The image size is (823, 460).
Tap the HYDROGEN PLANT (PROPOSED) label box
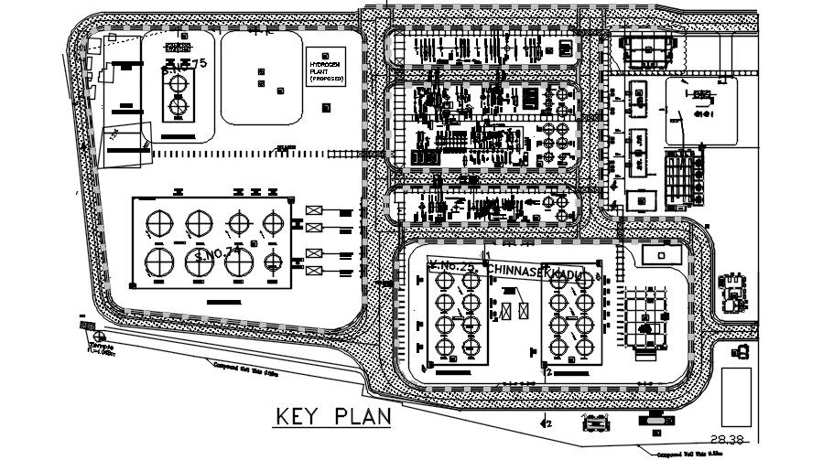coord(327,67)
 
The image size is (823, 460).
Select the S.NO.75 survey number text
coord(184,64)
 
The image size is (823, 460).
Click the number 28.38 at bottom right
coord(725,437)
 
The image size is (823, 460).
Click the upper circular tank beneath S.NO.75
coord(177,82)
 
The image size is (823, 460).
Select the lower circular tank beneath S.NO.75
coord(177,107)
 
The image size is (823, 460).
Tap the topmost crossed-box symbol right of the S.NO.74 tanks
coord(314,210)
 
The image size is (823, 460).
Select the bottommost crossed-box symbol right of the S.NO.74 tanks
coord(314,271)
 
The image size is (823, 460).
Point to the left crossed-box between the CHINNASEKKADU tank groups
coord(506,311)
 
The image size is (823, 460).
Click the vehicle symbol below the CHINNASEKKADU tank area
coord(595,423)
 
